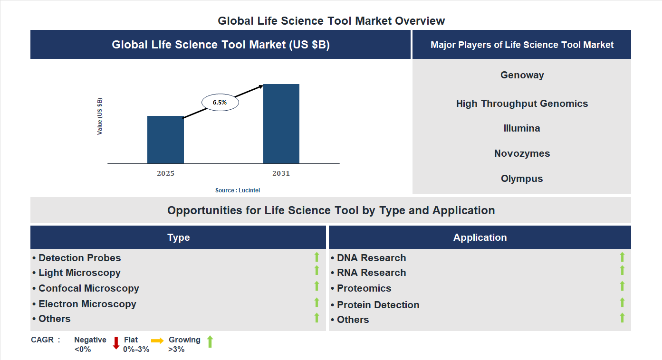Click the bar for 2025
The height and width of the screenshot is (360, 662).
click(165, 140)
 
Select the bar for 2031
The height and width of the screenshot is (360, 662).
click(281, 124)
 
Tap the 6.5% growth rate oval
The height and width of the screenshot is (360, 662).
click(220, 102)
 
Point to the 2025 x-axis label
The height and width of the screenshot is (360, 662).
click(165, 173)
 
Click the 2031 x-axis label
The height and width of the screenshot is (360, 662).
click(281, 173)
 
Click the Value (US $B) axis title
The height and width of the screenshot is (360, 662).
click(100, 116)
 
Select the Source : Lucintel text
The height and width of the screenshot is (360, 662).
click(238, 190)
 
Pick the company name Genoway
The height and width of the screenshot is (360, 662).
click(522, 75)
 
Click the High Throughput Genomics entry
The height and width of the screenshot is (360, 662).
click(522, 104)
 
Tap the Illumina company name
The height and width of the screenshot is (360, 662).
click(522, 128)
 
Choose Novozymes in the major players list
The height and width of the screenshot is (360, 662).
click(522, 153)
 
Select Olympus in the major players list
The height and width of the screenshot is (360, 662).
click(522, 179)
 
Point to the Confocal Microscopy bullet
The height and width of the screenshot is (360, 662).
click(88, 288)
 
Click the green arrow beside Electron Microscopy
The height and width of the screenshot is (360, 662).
click(317, 303)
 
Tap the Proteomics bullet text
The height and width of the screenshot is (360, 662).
click(364, 288)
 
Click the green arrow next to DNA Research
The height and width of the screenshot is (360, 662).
click(622, 257)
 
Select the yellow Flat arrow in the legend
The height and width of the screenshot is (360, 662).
click(157, 341)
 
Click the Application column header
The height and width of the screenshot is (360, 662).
click(480, 237)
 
